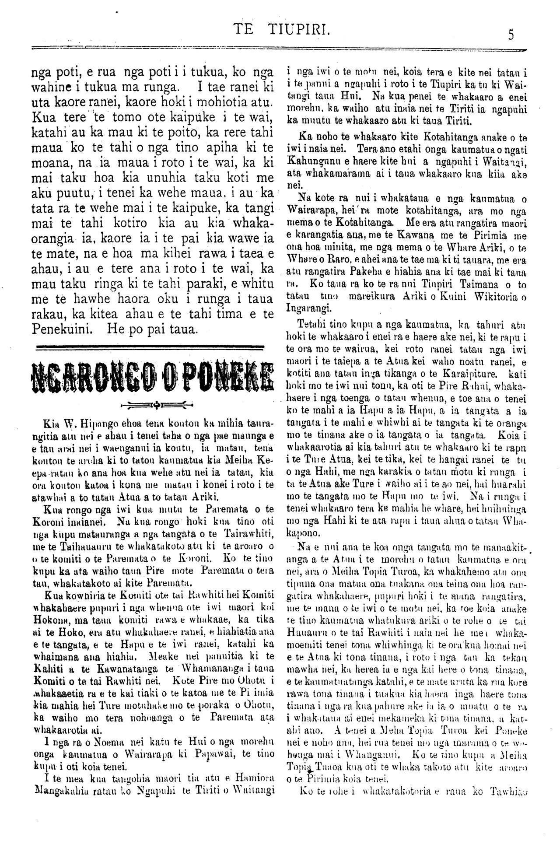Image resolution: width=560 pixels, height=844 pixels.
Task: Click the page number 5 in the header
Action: point(510,34)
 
